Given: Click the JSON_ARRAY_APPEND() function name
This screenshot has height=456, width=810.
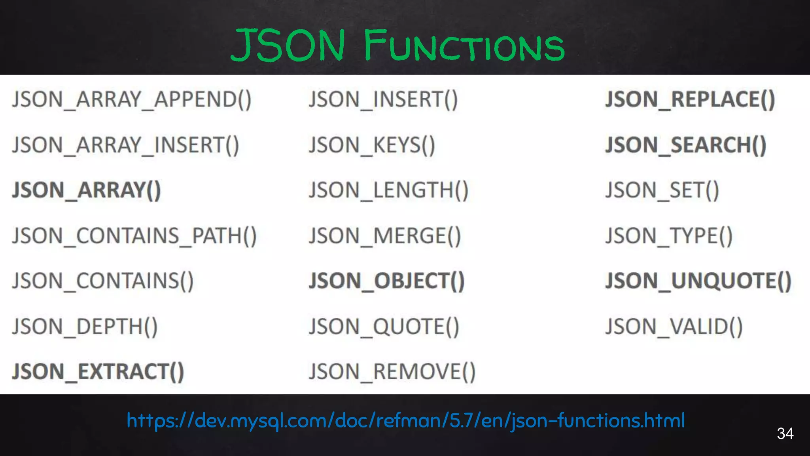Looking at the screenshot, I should point(132,99).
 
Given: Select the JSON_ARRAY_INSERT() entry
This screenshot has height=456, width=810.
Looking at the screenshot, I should point(126,145).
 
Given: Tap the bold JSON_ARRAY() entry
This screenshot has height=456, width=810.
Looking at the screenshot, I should point(87,190).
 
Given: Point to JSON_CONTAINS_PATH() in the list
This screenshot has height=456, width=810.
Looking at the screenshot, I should point(134,236).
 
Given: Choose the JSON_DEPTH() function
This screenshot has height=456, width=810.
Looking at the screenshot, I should point(85,327).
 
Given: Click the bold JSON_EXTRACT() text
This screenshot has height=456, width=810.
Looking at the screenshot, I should point(98,372).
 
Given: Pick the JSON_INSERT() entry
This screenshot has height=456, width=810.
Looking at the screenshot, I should point(383,99).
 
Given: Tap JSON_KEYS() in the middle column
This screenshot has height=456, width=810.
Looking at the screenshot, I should point(372,145).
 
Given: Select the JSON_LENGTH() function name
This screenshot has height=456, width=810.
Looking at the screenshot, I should point(388,190).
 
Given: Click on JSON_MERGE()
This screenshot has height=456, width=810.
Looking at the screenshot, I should point(385,236).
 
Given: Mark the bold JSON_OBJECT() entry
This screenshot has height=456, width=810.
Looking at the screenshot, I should point(387,281).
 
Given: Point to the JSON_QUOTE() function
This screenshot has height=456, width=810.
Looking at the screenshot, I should point(384,327).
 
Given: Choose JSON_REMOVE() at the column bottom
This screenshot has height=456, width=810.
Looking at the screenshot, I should point(392,372).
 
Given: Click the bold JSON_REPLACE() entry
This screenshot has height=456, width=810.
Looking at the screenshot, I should point(690,99).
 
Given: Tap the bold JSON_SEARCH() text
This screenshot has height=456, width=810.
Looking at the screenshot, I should point(686,145).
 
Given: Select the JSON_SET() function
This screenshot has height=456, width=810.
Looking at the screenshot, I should point(662,190).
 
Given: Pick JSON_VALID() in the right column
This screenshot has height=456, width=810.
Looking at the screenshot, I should point(674,327).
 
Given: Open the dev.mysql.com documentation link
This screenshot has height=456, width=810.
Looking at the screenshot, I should point(406,420).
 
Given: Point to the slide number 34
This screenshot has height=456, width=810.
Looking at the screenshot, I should point(785,433).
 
